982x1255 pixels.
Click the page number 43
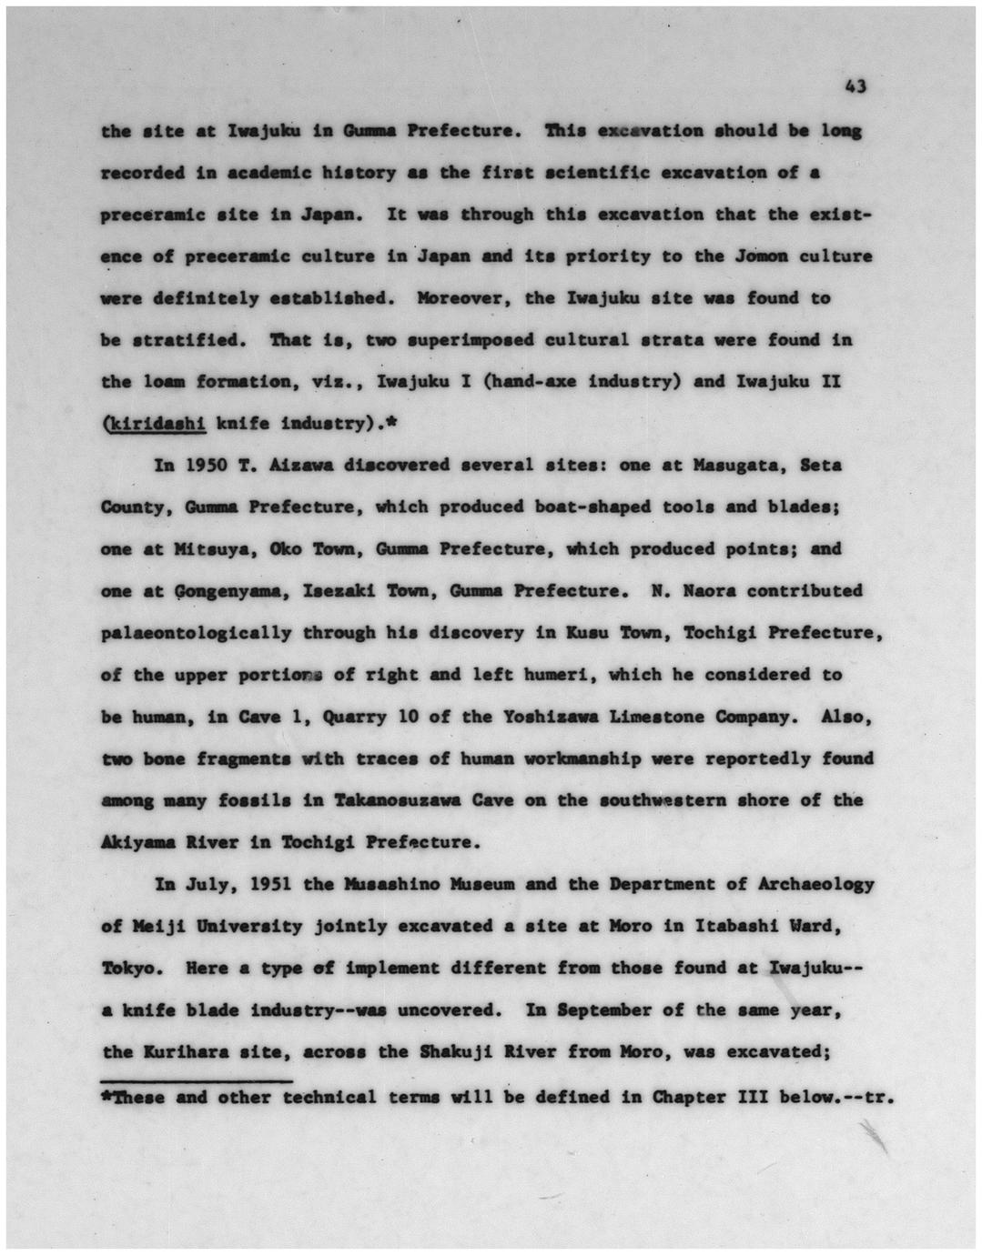coord(855,87)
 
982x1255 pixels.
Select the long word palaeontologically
coord(197,633)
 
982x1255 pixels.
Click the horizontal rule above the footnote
coord(197,1081)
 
